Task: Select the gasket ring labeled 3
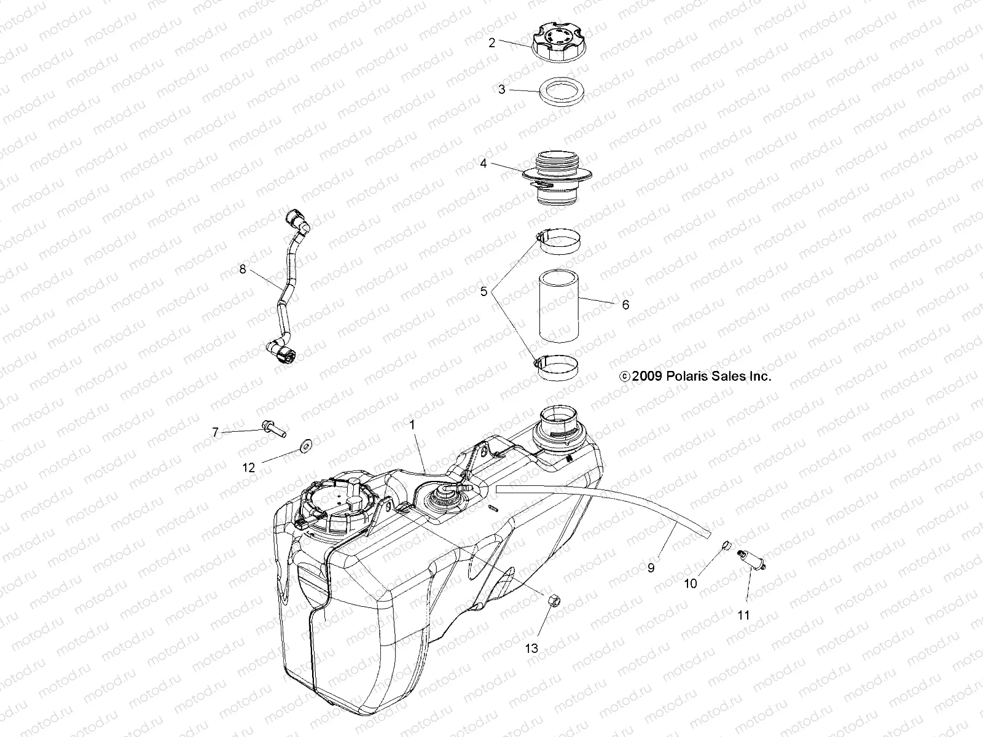(x=561, y=90)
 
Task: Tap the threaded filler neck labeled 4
(x=557, y=178)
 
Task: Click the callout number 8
(x=242, y=269)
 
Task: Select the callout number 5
(x=484, y=292)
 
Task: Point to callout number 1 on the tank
(x=412, y=424)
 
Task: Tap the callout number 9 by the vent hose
(x=651, y=568)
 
